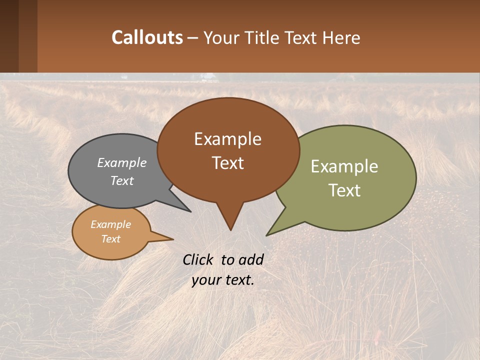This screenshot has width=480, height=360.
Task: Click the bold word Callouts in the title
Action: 147,37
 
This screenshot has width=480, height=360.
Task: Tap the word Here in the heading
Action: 341,38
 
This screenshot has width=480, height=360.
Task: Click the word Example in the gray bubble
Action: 121,163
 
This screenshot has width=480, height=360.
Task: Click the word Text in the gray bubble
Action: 121,181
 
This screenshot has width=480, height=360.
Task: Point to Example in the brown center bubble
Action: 227,139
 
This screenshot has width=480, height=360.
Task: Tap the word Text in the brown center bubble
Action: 227,163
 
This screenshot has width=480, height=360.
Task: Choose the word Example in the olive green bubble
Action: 344,166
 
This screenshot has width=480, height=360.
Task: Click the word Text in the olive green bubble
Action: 344,190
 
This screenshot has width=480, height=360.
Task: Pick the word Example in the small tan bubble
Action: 110,224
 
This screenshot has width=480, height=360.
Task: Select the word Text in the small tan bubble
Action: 110,239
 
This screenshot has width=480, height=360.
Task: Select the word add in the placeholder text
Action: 251,259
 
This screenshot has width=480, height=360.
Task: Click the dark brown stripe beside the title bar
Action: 9,36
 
